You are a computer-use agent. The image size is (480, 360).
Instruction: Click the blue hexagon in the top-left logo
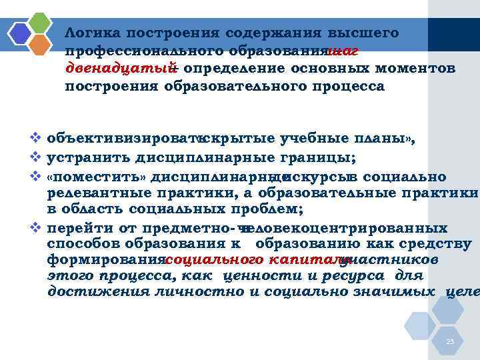tap(20, 33)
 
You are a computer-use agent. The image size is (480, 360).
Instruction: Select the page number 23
tap(450, 342)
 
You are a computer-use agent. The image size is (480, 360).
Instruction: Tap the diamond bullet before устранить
tap(37, 157)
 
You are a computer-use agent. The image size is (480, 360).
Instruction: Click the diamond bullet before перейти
tap(37, 227)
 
